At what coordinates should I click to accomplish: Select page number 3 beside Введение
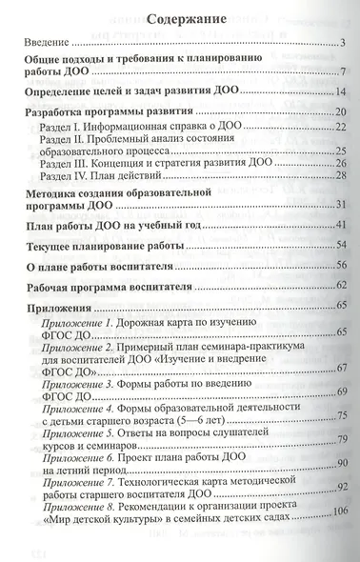click(342, 45)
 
